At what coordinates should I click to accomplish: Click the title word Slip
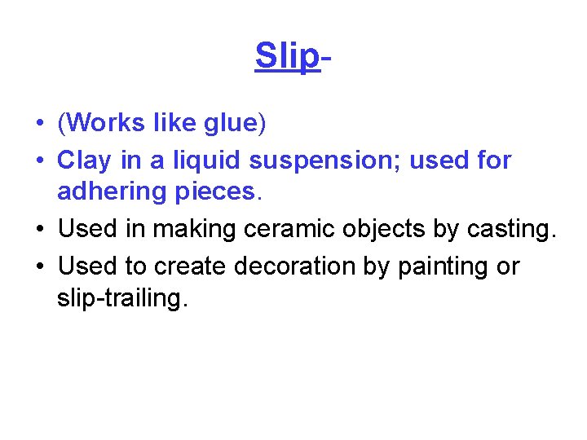pyautogui.click(x=286, y=56)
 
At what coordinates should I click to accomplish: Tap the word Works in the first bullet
pyautogui.click(x=105, y=123)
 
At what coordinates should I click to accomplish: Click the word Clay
pyautogui.click(x=83, y=161)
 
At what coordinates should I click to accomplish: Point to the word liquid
pyautogui.click(x=205, y=161)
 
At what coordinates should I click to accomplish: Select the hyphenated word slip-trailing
pyautogui.click(x=122, y=299)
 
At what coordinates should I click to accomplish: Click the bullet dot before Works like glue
pyautogui.click(x=39, y=125)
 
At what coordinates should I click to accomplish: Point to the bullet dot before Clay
pyautogui.click(x=39, y=161)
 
